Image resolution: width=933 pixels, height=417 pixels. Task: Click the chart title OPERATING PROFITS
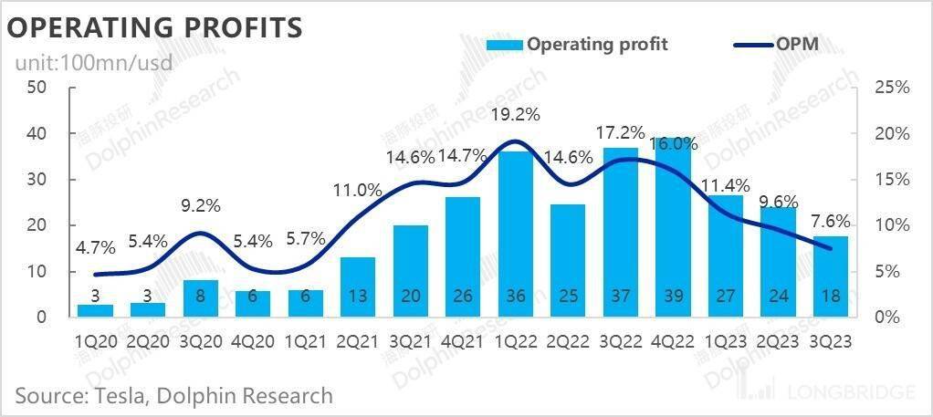tap(154, 27)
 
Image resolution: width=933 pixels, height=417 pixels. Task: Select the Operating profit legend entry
tap(577, 44)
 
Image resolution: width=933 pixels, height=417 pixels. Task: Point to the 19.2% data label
tap(516, 115)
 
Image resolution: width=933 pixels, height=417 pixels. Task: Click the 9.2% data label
tap(201, 206)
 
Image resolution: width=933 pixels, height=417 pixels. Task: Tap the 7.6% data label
tap(832, 221)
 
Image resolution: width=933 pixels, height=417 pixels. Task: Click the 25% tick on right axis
tap(892, 88)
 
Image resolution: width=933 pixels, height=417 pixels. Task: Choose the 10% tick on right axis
tap(892, 225)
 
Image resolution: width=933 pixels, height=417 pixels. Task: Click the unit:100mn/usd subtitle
tap(92, 64)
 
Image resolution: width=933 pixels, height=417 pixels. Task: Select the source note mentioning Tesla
tap(173, 396)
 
